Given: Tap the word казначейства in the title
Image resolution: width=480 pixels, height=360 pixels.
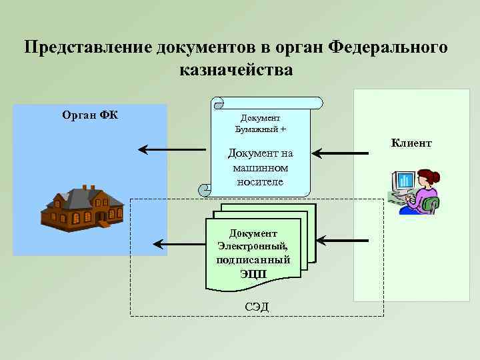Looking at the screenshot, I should [236, 69].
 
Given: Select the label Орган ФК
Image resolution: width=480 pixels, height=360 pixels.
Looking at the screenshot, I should [90, 115].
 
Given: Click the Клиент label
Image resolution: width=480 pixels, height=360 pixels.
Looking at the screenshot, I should [411, 143].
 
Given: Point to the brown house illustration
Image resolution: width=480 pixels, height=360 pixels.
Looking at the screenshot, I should [82, 207].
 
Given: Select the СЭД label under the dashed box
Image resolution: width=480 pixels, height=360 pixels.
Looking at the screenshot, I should [257, 306].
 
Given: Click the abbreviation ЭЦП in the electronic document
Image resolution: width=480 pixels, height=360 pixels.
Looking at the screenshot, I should [253, 273].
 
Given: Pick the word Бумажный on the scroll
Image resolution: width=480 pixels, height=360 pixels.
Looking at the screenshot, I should [258, 128].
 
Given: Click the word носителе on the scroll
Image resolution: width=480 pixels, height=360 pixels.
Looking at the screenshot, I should [259, 181].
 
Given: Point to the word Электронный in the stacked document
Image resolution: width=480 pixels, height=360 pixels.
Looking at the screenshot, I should [253, 246].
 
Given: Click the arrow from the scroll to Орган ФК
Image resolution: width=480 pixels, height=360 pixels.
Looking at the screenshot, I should [172, 150].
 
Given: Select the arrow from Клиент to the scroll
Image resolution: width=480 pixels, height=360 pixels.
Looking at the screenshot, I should [341, 154].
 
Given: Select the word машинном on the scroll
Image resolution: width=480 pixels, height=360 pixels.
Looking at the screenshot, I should [259, 167].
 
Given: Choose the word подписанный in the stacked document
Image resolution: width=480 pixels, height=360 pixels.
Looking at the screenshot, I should [253, 259].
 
